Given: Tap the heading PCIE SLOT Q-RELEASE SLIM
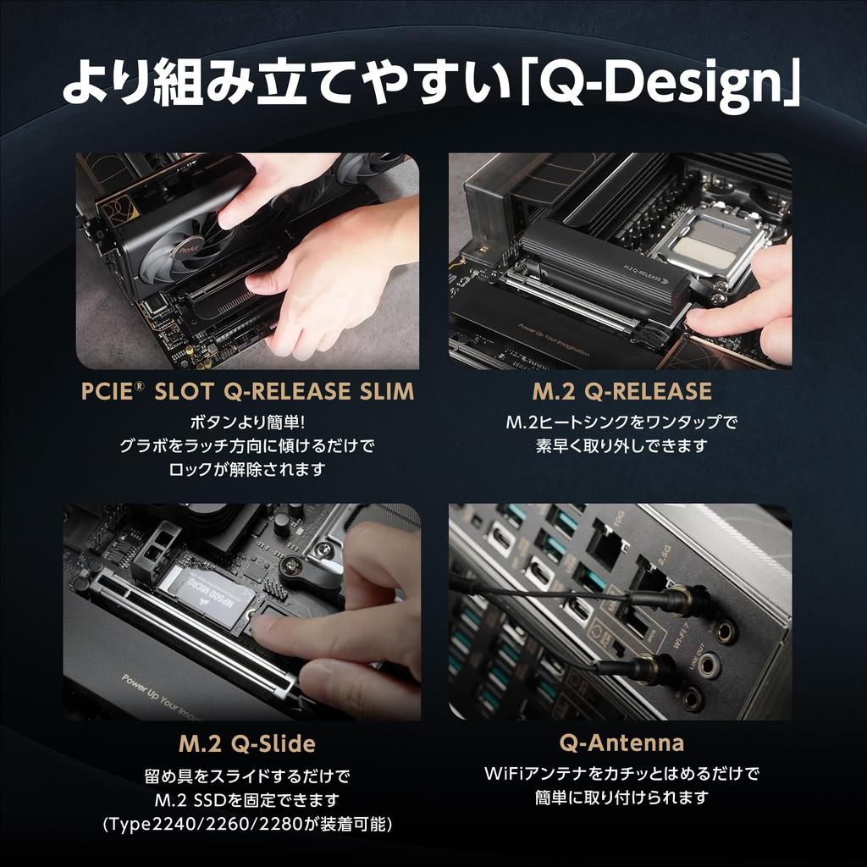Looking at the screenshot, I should click(247, 391).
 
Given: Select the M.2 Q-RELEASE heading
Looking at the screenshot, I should click(621, 391).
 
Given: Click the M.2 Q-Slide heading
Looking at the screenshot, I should click(247, 744).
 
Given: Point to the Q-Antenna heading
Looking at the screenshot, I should click(621, 743).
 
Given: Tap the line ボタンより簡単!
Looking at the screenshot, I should click(247, 422).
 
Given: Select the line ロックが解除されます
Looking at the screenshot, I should click(247, 469).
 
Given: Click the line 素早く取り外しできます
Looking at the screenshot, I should click(621, 445).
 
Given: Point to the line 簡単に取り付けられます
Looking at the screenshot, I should click(621, 798).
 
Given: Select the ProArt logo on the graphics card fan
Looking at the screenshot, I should click(187, 251).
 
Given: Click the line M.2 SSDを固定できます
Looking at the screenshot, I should click(247, 800).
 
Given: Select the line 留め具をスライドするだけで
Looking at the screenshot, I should click(247, 776).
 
